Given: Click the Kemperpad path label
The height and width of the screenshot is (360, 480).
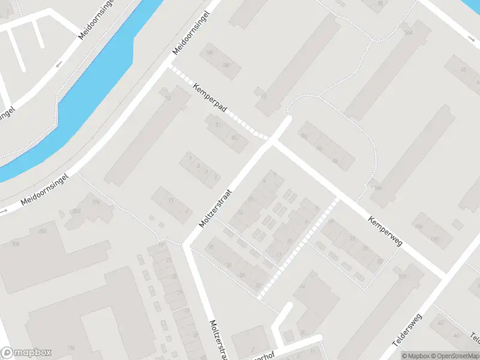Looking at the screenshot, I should point(210,99).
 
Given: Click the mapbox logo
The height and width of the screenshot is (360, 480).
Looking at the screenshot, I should point(26,353).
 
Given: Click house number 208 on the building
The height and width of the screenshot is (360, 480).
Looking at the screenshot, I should point(15,244).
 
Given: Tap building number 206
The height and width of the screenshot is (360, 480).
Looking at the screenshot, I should point(43,231).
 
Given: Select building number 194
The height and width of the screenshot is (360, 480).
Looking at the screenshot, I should point(71,348).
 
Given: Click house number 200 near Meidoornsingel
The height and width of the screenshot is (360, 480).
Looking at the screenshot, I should point(76,211).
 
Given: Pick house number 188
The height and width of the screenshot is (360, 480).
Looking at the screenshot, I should point(226,65).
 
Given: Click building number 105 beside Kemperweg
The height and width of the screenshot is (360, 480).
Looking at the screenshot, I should point(402,277).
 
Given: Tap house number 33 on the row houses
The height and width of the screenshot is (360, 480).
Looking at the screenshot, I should point(380,261).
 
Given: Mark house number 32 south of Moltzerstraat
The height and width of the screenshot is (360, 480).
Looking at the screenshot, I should point(259,285).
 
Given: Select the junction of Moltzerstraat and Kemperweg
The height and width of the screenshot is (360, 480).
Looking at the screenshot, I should point(271,142).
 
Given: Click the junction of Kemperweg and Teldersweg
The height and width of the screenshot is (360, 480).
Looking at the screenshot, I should point(444,275).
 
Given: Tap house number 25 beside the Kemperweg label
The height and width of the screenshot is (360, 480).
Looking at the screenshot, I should point(353,239).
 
